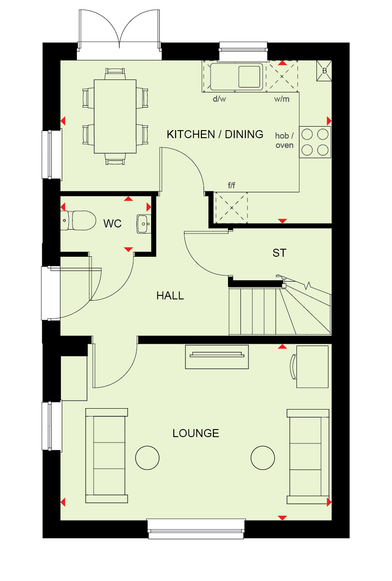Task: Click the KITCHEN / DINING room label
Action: pyautogui.click(x=215, y=134)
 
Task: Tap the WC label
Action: pyautogui.click(x=112, y=223)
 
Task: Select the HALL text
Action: pyautogui.click(x=170, y=296)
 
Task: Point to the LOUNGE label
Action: pyautogui.click(x=196, y=433)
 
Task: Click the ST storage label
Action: pyautogui.click(x=279, y=253)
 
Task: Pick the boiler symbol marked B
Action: pyautogui.click(x=324, y=71)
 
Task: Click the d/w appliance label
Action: pyautogui.click(x=220, y=99)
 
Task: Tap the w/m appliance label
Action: pyautogui.click(x=282, y=99)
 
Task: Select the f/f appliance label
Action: pyautogui.click(x=232, y=185)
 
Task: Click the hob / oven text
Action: pyautogui.click(x=284, y=140)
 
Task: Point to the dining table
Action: pyautogui.click(x=115, y=116)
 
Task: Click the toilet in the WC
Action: pyautogui.click(x=78, y=220)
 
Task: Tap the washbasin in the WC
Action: pyautogui.click(x=144, y=224)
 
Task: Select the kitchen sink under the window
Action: pyautogui.click(x=236, y=76)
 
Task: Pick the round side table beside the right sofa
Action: pyautogui.click(x=263, y=458)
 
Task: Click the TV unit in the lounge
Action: pyautogui.click(x=217, y=357)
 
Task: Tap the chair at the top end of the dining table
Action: pyautogui.click(x=115, y=74)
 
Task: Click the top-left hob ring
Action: pyautogui.click(x=307, y=134)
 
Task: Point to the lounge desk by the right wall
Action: pyautogui.click(x=312, y=367)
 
